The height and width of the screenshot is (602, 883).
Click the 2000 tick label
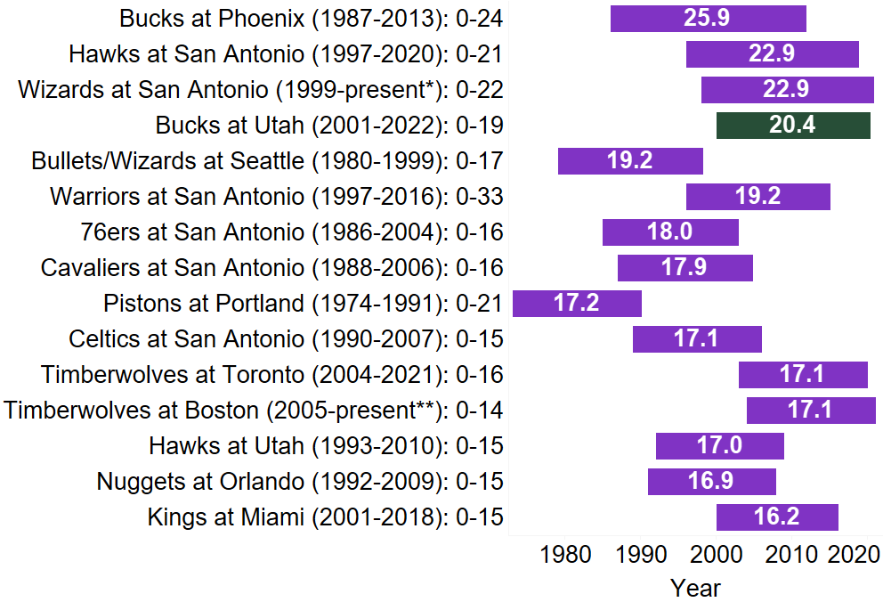(x=717, y=555)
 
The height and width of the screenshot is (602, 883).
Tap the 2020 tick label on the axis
(x=854, y=555)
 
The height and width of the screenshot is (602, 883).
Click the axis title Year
(x=696, y=588)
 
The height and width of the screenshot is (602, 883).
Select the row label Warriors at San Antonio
(x=277, y=197)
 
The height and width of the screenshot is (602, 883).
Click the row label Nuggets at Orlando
(x=300, y=482)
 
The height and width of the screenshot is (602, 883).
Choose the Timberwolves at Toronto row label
(x=272, y=375)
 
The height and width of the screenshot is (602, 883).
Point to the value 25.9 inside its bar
(x=708, y=19)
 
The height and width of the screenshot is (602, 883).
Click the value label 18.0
(x=669, y=232)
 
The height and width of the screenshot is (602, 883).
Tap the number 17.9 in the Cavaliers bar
(x=685, y=268)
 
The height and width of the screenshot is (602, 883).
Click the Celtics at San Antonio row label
(x=286, y=339)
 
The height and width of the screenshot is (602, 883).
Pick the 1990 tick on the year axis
(x=641, y=555)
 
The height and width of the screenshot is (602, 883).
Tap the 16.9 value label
(x=710, y=482)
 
